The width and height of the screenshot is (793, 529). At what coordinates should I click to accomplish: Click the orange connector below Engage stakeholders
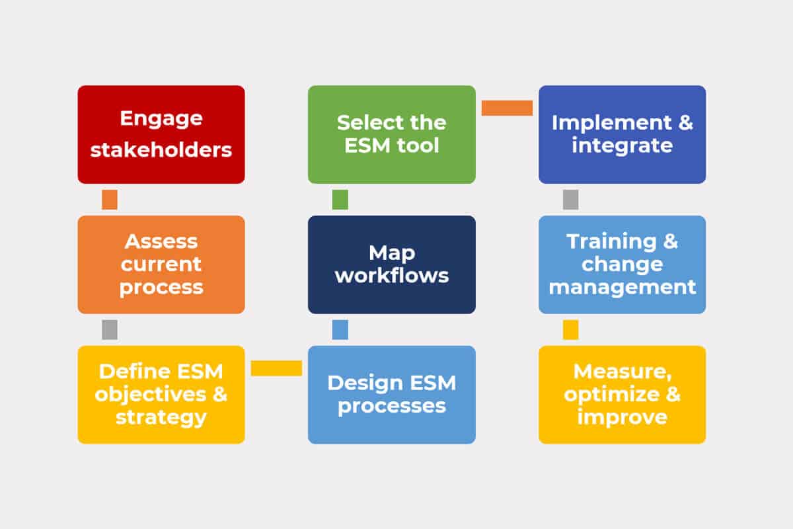point(110,200)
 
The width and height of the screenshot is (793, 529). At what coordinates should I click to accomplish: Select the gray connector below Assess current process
point(110,329)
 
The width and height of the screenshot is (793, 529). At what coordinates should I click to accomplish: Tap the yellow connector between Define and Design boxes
point(276,368)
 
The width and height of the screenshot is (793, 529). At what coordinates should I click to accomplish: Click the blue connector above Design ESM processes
point(340,329)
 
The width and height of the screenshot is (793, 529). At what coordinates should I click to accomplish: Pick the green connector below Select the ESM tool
point(340,200)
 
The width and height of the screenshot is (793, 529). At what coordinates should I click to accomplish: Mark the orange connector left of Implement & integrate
point(507,108)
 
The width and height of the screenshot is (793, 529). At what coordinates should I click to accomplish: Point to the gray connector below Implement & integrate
point(571,200)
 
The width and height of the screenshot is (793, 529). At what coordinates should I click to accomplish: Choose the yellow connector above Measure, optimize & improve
point(571,329)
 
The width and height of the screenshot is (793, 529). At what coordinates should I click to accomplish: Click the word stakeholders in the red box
point(161,149)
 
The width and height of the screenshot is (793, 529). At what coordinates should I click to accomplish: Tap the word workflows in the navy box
point(391,275)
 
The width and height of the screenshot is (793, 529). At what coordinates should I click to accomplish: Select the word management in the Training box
point(622,287)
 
